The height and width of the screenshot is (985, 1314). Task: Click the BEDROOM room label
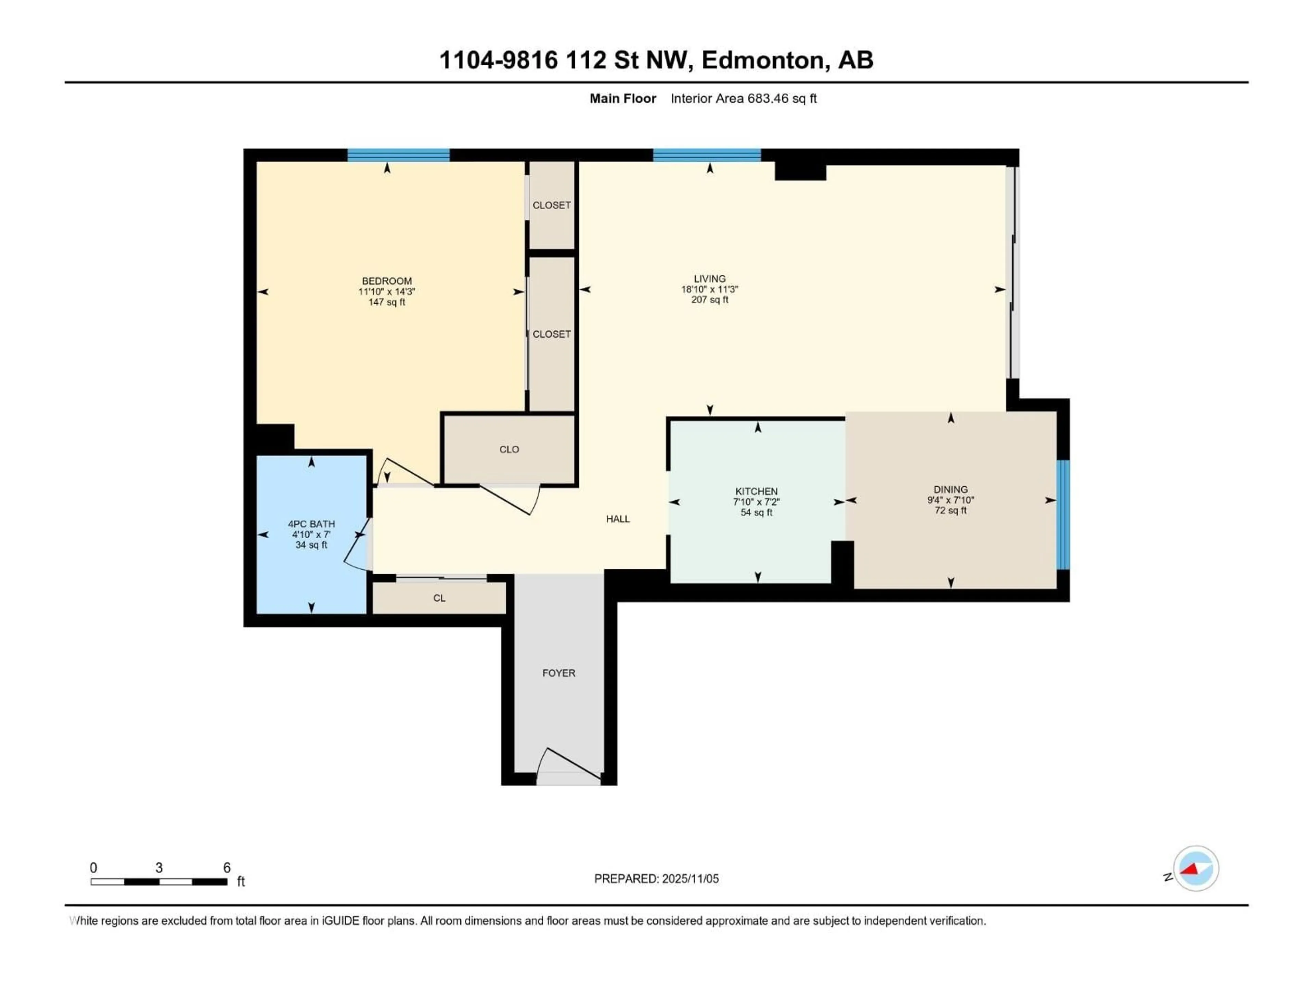tap(387, 281)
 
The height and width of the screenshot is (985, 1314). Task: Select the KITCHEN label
tap(756, 491)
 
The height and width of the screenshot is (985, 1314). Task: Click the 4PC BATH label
tap(311, 524)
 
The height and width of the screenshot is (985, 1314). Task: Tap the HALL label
tap(618, 519)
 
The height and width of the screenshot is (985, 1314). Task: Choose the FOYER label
tap(558, 673)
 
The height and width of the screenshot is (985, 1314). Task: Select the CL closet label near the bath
tap(439, 598)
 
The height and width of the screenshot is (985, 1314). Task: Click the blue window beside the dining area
tap(1063, 514)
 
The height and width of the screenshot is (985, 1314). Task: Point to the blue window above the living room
tap(707, 155)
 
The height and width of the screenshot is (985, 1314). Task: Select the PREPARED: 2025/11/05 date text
tap(656, 879)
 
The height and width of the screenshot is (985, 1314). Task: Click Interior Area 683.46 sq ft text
tap(743, 98)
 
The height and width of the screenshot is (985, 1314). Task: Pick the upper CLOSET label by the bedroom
tap(551, 205)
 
